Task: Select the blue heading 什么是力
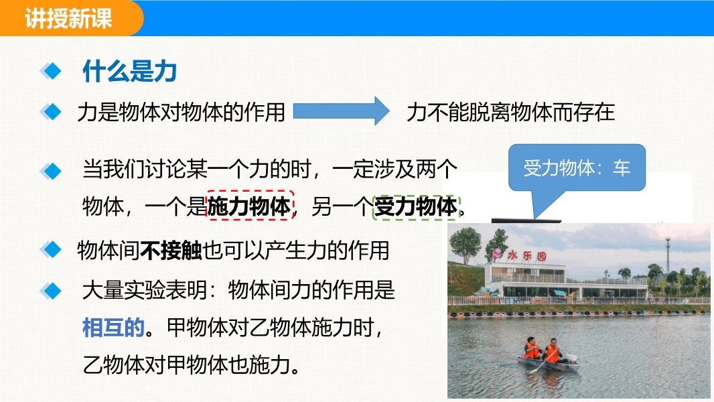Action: (x=130, y=72)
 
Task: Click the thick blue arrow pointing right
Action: (x=341, y=111)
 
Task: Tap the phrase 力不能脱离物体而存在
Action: (x=510, y=112)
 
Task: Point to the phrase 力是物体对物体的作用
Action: (x=182, y=112)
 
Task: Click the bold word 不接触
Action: (x=171, y=251)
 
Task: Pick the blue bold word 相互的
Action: (x=113, y=328)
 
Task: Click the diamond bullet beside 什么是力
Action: (x=50, y=72)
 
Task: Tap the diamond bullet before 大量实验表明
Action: (x=50, y=291)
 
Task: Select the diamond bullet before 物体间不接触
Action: (x=50, y=249)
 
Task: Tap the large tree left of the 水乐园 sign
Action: (x=465, y=245)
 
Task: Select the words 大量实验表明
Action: (x=145, y=290)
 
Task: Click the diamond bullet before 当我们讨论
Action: (x=50, y=171)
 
